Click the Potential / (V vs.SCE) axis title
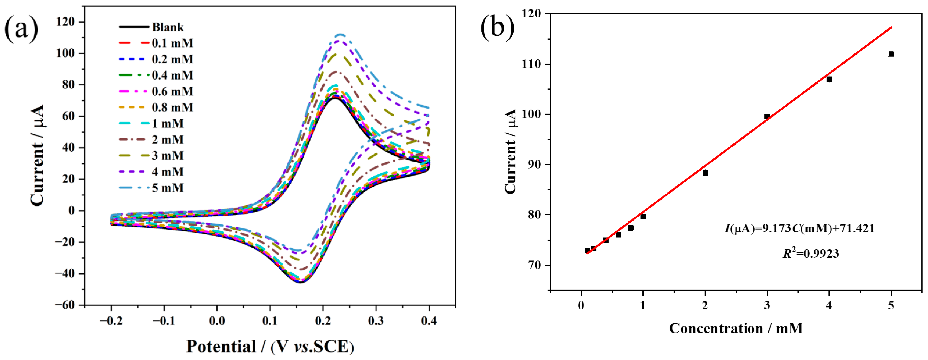click(x=270, y=346)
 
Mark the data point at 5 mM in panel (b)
click(x=891, y=54)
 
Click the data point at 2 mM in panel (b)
click(x=705, y=172)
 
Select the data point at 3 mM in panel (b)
click(x=767, y=116)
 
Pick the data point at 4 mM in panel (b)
click(x=829, y=79)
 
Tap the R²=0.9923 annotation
click(x=811, y=254)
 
